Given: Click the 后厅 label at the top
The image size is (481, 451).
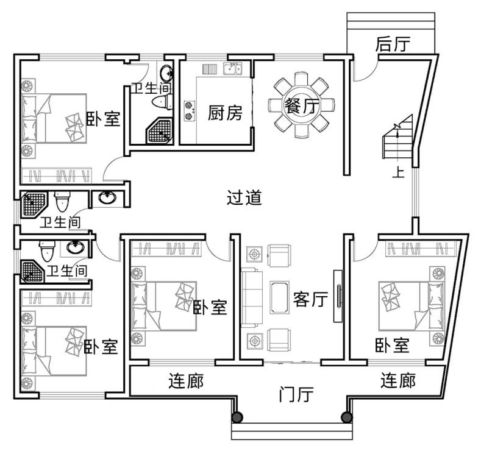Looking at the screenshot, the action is pos(393,44).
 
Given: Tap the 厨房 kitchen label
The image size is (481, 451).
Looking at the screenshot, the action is pos(225,113).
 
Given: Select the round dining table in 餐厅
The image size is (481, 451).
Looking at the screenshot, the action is pos(301,105).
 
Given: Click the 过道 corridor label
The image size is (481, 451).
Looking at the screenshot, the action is pos(244,197).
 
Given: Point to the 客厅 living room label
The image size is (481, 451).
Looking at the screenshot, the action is pos(310,299).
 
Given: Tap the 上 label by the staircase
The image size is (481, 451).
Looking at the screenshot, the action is pos(399,172).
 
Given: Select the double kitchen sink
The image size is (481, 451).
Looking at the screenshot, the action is pos(232,69).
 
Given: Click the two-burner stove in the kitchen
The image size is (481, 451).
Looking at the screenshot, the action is pos(190,111).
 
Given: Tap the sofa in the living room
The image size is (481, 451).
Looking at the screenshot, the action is pos(252,297).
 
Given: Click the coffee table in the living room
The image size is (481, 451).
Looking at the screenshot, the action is pos(279,297).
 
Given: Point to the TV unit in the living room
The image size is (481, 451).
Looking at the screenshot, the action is pos(338,296).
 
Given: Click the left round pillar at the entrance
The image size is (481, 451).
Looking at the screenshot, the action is pos(237,417).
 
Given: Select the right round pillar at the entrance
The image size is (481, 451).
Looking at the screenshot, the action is pos(347,417).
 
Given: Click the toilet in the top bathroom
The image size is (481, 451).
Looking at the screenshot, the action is pos(163,102).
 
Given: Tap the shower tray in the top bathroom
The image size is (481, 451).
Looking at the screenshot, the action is pos(159,130).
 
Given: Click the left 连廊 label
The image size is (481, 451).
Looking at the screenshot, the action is pos(186,382).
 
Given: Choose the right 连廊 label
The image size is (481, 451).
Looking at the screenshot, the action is pos(398,380).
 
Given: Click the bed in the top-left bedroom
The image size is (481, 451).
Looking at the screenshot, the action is pos(54,118).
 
